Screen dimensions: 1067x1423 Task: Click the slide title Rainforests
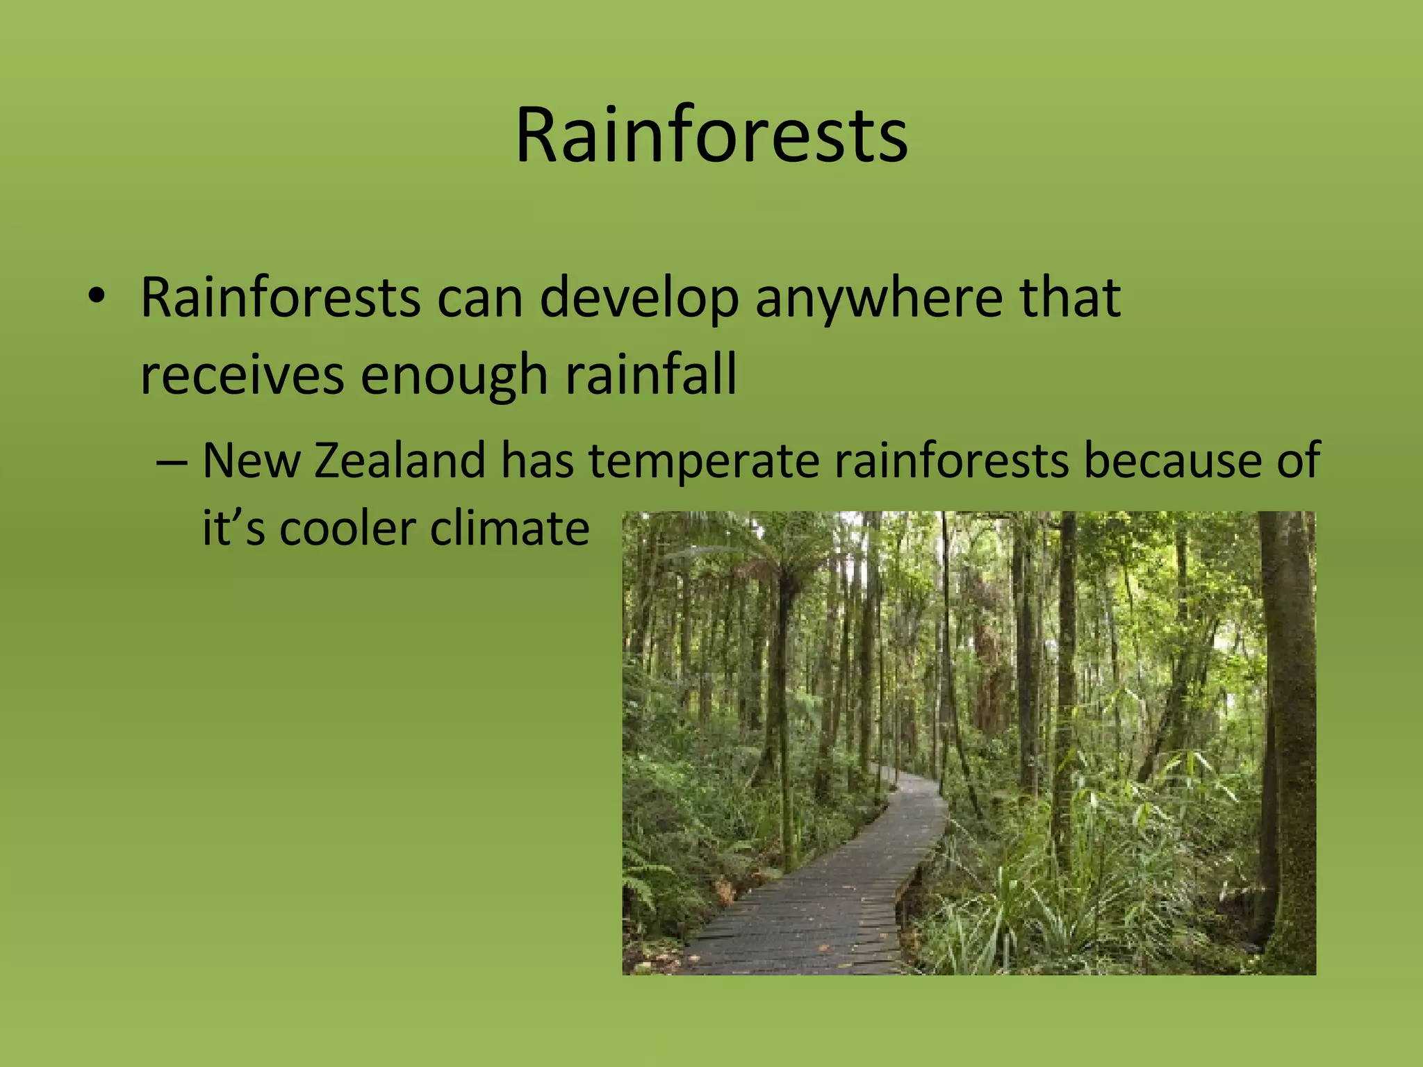tap(711, 135)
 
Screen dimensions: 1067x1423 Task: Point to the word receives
tap(242, 375)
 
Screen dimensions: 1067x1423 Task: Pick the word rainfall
tap(650, 375)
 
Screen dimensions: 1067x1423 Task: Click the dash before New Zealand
tap(171, 461)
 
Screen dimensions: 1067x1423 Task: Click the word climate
tap(509, 528)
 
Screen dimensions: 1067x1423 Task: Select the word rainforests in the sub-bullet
tap(951, 461)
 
